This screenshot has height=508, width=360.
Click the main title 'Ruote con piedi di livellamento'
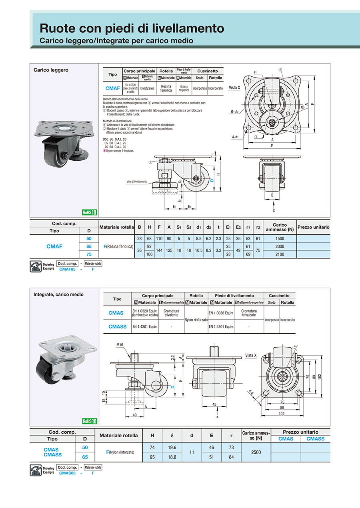132,28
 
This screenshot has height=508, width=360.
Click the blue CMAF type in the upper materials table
112,88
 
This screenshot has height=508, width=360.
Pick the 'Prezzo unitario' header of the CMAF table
313,227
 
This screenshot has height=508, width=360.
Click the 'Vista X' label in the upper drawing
234,87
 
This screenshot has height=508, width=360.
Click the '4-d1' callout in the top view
235,137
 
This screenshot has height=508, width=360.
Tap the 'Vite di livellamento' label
137,181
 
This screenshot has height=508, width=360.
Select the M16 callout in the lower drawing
120,345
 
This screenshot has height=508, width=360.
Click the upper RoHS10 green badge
90,213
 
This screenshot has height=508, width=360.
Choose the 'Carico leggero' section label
51,70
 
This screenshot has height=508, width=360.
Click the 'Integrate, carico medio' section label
58,295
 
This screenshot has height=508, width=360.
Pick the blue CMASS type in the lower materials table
117,327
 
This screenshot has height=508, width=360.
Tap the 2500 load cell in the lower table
256,452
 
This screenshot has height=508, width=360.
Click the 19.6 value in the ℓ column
172,448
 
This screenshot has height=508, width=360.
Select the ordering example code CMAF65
67,269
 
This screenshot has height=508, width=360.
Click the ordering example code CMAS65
67,473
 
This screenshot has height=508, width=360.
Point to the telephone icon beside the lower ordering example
36,470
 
